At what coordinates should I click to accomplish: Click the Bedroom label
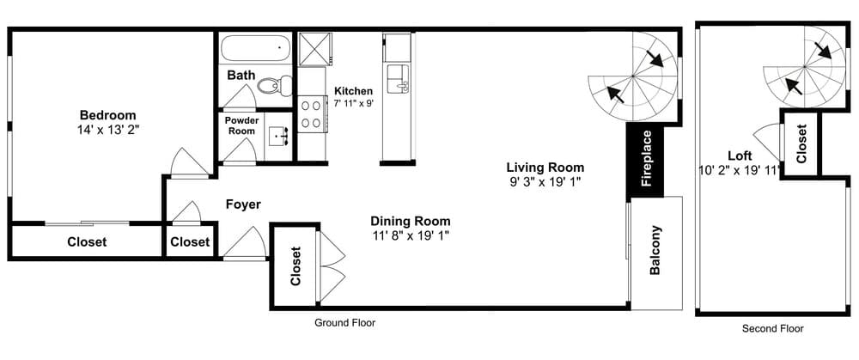tap(108, 115)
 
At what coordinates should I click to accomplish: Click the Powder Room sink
tap(277, 137)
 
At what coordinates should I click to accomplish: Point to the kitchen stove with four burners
tap(312, 115)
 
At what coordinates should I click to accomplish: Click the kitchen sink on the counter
tap(398, 78)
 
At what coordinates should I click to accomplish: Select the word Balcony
tap(655, 251)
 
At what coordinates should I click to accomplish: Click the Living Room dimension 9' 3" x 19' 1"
tap(545, 182)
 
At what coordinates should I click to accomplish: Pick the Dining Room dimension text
tap(411, 235)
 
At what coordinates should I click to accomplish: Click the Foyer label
tap(243, 204)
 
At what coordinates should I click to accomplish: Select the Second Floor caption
tap(773, 328)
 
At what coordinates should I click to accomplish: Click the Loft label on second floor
tap(740, 156)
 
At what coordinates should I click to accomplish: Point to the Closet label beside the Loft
tap(801, 143)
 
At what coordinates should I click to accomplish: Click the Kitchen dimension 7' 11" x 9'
tap(353, 102)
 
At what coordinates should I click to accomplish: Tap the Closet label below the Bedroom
tap(87, 242)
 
